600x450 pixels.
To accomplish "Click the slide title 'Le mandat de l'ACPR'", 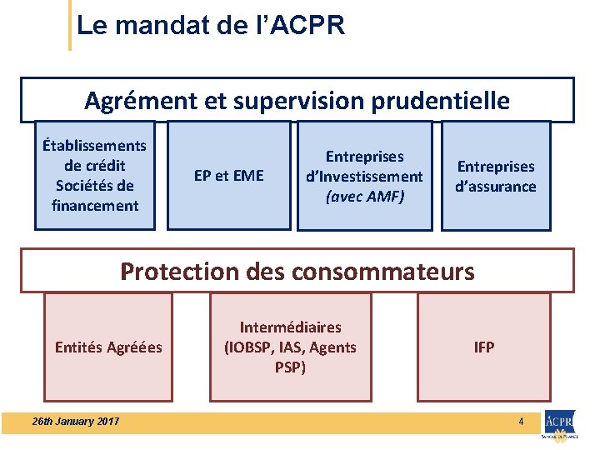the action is click(210, 26).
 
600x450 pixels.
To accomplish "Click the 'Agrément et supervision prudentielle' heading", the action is click(297, 101).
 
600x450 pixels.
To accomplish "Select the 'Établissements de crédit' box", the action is click(95, 175).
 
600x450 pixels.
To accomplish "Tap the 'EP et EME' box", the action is click(228, 176).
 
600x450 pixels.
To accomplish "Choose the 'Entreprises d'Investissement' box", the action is click(364, 176).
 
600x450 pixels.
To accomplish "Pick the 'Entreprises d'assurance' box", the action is click(496, 176).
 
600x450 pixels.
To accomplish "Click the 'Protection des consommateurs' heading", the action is click(297, 272).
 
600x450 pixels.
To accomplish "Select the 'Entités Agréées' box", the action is click(108, 347).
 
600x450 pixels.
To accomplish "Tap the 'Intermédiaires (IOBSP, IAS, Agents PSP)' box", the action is click(290, 347).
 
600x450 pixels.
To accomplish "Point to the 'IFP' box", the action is click(484, 347).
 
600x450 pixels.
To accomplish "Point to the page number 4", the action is click(521, 422).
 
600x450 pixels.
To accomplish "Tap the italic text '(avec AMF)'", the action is click(364, 197).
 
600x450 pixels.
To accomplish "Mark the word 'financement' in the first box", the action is click(95, 205).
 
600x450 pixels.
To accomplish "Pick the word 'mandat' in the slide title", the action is click(147, 26).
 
